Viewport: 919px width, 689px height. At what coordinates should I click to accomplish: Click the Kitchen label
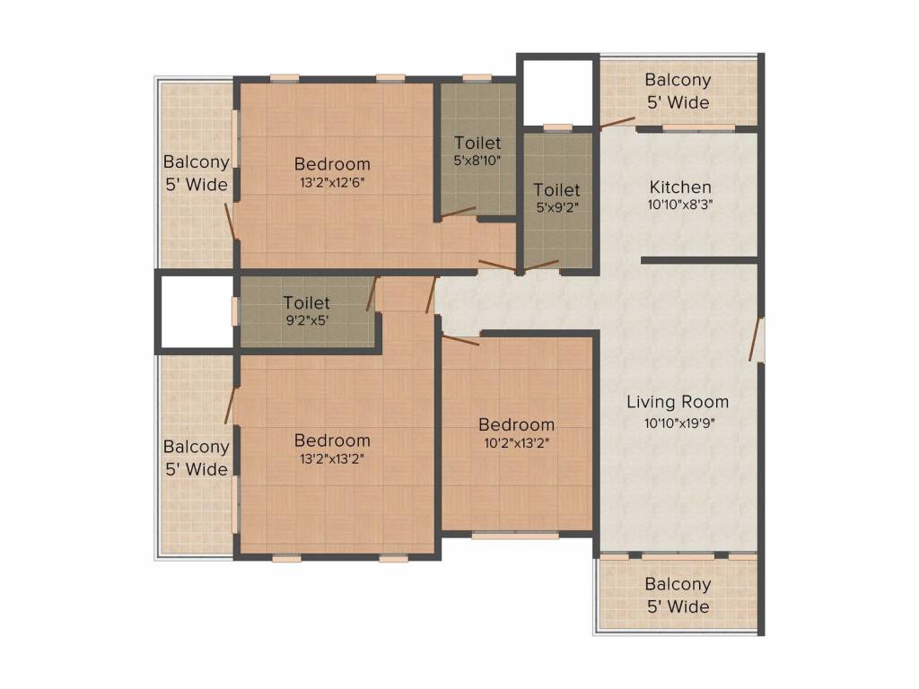point(680,188)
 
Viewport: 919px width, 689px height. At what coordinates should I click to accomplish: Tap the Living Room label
point(678,401)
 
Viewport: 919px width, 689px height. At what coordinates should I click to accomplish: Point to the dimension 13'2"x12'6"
point(332,181)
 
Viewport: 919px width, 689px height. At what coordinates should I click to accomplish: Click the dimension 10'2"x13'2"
point(516,441)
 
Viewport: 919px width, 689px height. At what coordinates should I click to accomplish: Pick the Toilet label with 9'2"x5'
point(307,303)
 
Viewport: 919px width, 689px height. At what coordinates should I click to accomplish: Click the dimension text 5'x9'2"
point(556,207)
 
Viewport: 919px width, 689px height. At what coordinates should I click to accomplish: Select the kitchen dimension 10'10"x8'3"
point(680,205)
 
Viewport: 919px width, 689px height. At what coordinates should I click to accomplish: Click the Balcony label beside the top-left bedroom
point(196,162)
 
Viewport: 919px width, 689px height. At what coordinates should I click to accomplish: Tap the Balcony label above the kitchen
point(678,80)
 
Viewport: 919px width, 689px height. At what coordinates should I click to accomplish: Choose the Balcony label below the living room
point(678,584)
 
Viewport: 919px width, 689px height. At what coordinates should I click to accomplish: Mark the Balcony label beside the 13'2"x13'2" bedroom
point(196,446)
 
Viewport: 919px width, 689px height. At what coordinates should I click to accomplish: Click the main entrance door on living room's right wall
point(757,339)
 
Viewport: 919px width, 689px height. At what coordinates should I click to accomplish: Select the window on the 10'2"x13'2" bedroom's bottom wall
point(515,536)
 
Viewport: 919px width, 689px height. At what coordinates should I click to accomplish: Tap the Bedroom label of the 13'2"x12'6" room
point(332,164)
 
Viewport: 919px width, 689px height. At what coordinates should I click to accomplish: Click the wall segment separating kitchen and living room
point(700,260)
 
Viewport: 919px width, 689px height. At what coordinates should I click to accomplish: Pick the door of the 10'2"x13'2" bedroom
point(461,338)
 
